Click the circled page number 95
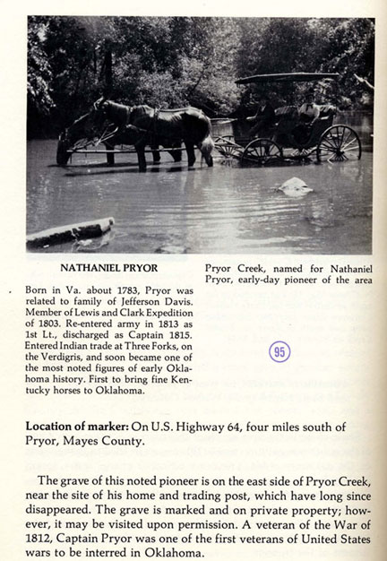(279, 351)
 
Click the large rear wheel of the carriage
(341, 142)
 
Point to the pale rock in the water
(292, 186)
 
